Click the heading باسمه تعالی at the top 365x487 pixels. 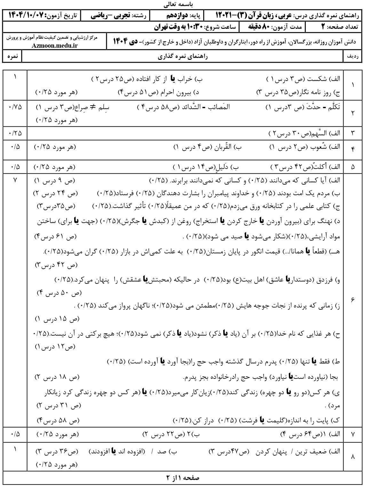tap(182, 5)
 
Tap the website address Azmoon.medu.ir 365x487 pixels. tap(55, 45)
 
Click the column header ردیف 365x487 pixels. tap(353, 57)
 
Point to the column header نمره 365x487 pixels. tap(12, 57)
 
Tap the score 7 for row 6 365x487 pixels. tap(15, 180)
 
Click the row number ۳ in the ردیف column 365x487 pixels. tap(353, 132)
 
